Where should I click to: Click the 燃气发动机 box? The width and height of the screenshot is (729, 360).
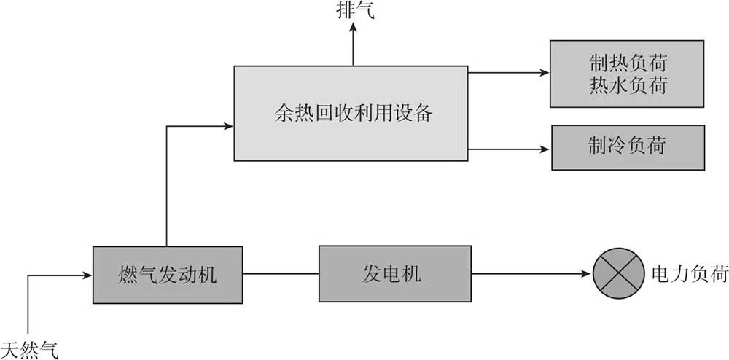(x=168, y=275)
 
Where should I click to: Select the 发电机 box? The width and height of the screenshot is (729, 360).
(x=391, y=275)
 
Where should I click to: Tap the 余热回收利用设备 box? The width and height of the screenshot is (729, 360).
(x=350, y=113)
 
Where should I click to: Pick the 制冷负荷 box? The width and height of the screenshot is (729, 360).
(x=628, y=147)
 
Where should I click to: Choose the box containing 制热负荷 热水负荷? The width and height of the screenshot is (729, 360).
(x=628, y=73)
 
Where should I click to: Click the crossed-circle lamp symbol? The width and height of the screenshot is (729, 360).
(x=618, y=275)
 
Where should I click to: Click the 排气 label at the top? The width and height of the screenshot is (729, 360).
(x=354, y=9)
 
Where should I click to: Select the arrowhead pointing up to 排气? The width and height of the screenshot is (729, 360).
(x=354, y=27)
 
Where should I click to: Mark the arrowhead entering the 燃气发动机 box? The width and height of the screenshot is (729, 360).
(x=87, y=275)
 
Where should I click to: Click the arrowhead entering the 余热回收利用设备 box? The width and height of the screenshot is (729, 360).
(x=228, y=126)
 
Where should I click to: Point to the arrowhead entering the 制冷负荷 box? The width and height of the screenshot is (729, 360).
(x=547, y=149)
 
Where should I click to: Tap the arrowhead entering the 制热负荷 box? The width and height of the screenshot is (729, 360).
(x=545, y=72)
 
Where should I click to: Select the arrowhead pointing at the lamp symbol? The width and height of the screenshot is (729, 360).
(x=587, y=275)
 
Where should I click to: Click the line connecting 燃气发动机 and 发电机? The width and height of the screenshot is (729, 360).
(x=281, y=275)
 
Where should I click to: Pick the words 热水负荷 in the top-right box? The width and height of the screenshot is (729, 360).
(x=628, y=86)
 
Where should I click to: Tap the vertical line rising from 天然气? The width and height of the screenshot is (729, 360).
(x=28, y=306)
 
